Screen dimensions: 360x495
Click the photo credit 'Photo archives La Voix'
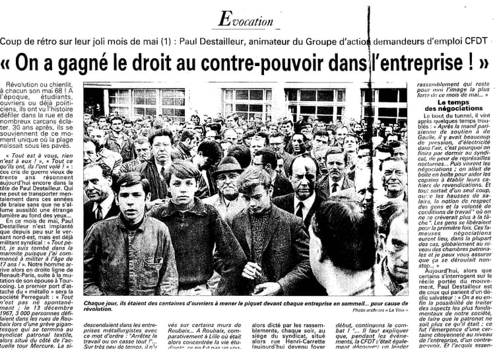pyautogui.click(x=383, y=309)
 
